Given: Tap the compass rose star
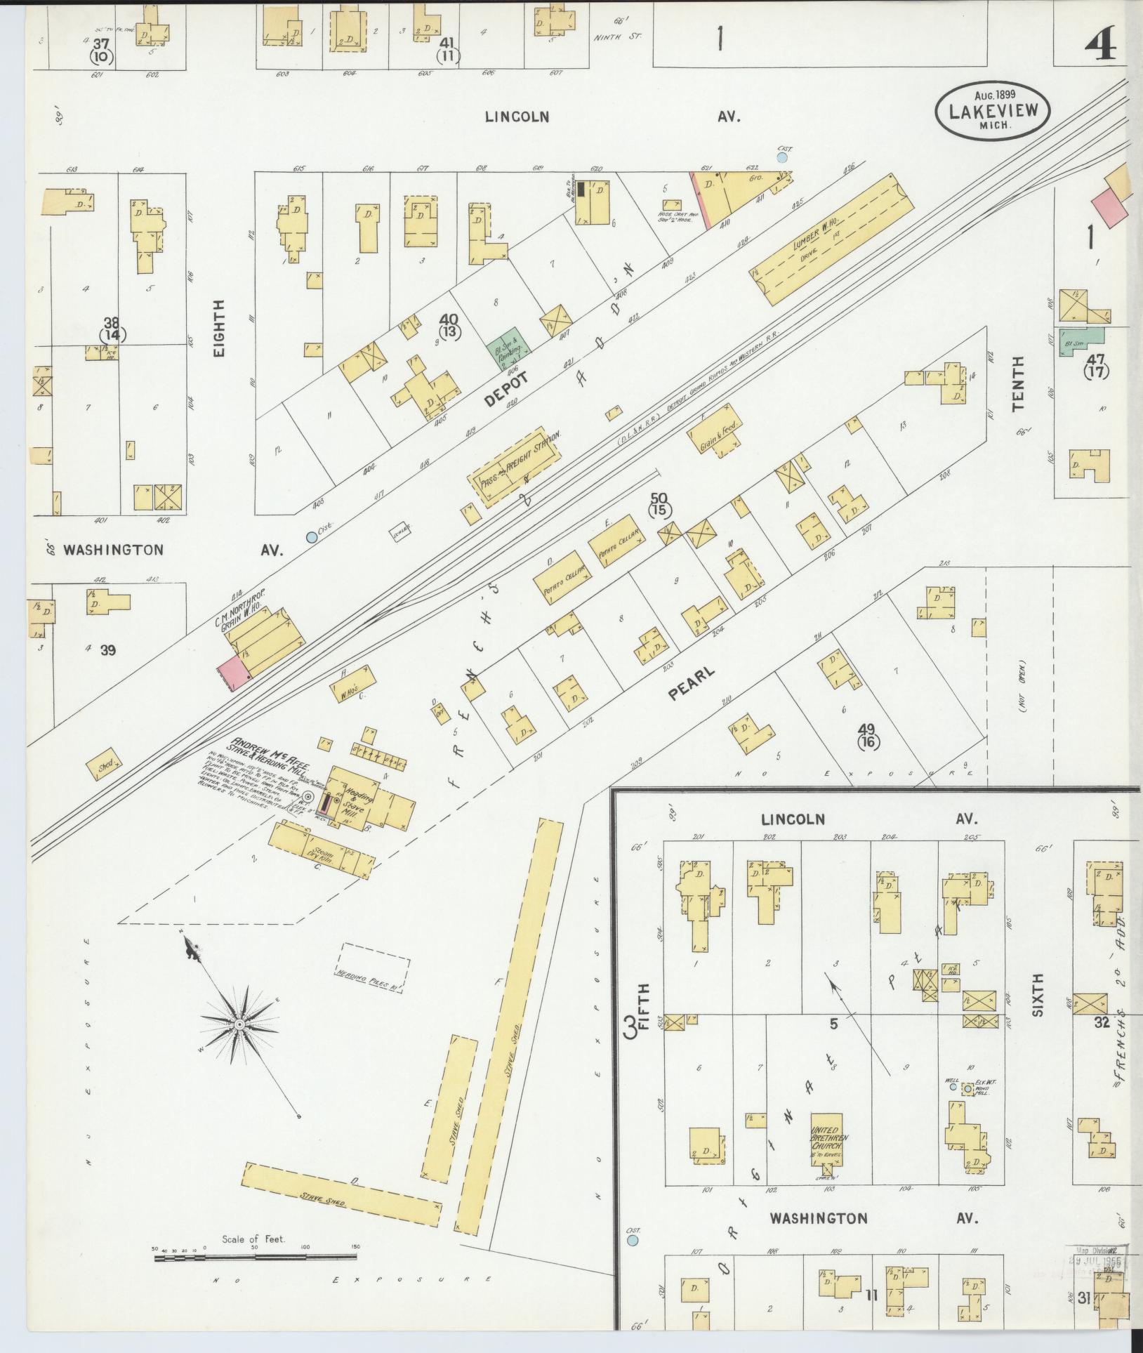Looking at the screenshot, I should [239, 1024].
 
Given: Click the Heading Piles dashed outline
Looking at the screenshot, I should [375, 965].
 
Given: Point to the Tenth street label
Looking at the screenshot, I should [1018, 383].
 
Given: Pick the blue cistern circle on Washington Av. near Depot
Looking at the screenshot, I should [311, 538].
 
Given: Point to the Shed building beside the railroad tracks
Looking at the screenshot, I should [105, 766].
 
